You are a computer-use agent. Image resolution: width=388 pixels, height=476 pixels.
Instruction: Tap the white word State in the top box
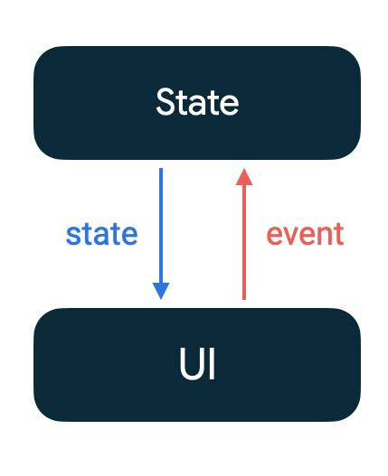(x=197, y=102)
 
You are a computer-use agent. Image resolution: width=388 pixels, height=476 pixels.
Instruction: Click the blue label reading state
(x=101, y=234)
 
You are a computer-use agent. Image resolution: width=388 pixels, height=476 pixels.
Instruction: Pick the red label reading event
(x=305, y=234)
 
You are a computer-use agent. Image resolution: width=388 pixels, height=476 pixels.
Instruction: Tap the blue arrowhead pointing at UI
(x=161, y=290)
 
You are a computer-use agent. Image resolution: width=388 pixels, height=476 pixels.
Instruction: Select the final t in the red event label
(x=338, y=234)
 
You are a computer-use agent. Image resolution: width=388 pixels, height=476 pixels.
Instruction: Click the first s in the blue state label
(x=72, y=235)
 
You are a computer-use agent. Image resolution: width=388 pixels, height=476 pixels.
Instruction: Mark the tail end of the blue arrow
(x=161, y=170)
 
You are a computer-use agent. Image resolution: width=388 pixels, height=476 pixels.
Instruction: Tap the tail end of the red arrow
(x=242, y=297)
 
